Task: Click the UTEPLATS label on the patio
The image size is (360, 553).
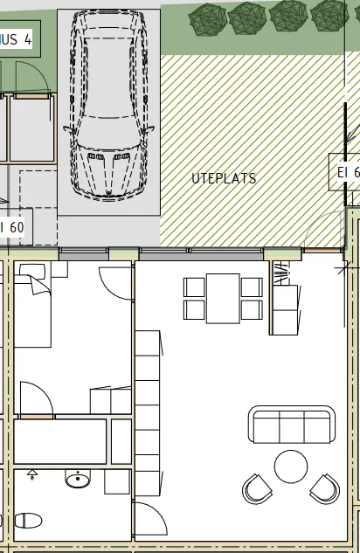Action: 224,178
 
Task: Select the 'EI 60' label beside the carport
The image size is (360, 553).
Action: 13,227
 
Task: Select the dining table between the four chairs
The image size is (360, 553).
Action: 223,298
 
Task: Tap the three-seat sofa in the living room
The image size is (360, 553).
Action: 293,425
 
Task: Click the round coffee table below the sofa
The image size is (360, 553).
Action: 291,466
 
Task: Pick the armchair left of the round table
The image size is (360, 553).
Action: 258,488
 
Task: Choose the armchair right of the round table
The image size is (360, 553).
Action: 324,488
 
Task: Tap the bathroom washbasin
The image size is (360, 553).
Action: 80,480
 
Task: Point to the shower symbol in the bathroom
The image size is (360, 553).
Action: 33,475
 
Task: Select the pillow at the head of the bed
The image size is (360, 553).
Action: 31,268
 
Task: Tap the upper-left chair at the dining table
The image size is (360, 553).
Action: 194,287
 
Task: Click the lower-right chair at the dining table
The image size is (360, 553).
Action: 252,309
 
